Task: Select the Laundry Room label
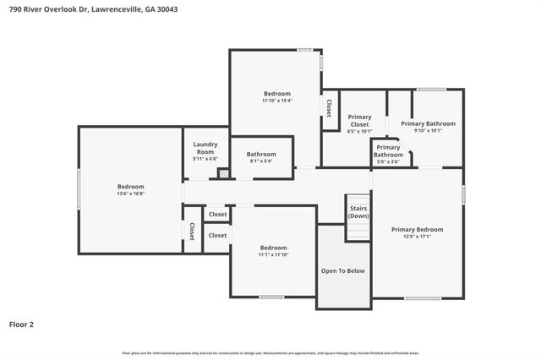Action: click(205, 148)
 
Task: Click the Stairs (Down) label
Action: click(358, 211)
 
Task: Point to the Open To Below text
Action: click(343, 270)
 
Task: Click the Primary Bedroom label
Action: click(417, 229)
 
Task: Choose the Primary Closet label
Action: click(359, 121)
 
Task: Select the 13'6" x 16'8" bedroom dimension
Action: click(130, 194)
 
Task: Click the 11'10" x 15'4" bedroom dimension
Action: click(276, 101)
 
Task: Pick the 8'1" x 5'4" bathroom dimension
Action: click(261, 161)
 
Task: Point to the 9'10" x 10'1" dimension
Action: click(428, 130)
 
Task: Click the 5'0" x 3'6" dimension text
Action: click(388, 161)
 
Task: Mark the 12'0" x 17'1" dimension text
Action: click(417, 237)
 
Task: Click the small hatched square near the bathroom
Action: click(223, 173)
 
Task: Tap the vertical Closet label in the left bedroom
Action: click(192, 231)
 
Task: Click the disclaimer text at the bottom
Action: click(270, 352)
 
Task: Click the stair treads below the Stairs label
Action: click(358, 230)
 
